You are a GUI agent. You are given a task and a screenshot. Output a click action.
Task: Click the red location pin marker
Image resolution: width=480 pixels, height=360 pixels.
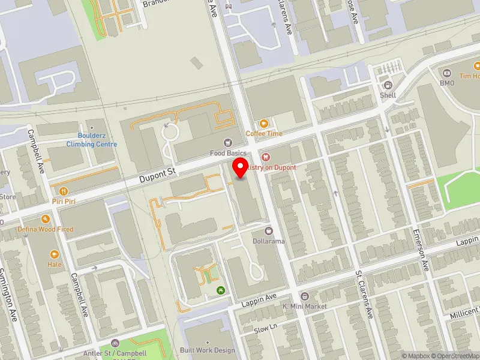point(241,167)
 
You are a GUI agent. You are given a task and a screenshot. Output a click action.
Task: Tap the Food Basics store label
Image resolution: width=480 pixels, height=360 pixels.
point(228,154)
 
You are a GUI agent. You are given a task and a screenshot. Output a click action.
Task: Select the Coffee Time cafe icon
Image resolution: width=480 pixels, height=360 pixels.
point(263,124)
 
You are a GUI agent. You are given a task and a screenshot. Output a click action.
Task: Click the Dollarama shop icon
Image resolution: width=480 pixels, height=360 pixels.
point(268,230)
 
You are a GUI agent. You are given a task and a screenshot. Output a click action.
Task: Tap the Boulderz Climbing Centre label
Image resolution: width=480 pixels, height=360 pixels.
point(91,140)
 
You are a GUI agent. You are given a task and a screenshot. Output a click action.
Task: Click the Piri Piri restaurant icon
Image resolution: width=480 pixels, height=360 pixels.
point(59,191)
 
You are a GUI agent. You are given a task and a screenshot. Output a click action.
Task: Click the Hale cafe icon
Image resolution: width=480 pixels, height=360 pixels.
point(55,254)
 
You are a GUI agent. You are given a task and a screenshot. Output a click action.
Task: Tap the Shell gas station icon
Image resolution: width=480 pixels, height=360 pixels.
point(388,85)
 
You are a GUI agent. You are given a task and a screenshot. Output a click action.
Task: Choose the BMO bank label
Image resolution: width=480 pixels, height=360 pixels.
point(447,83)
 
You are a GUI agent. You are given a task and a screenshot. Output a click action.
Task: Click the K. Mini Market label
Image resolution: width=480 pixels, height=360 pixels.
point(305,306)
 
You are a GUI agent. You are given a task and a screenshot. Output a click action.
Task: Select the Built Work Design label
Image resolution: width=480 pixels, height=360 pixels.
point(208,350)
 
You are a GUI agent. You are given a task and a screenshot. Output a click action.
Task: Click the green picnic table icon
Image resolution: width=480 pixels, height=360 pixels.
point(221,290)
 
